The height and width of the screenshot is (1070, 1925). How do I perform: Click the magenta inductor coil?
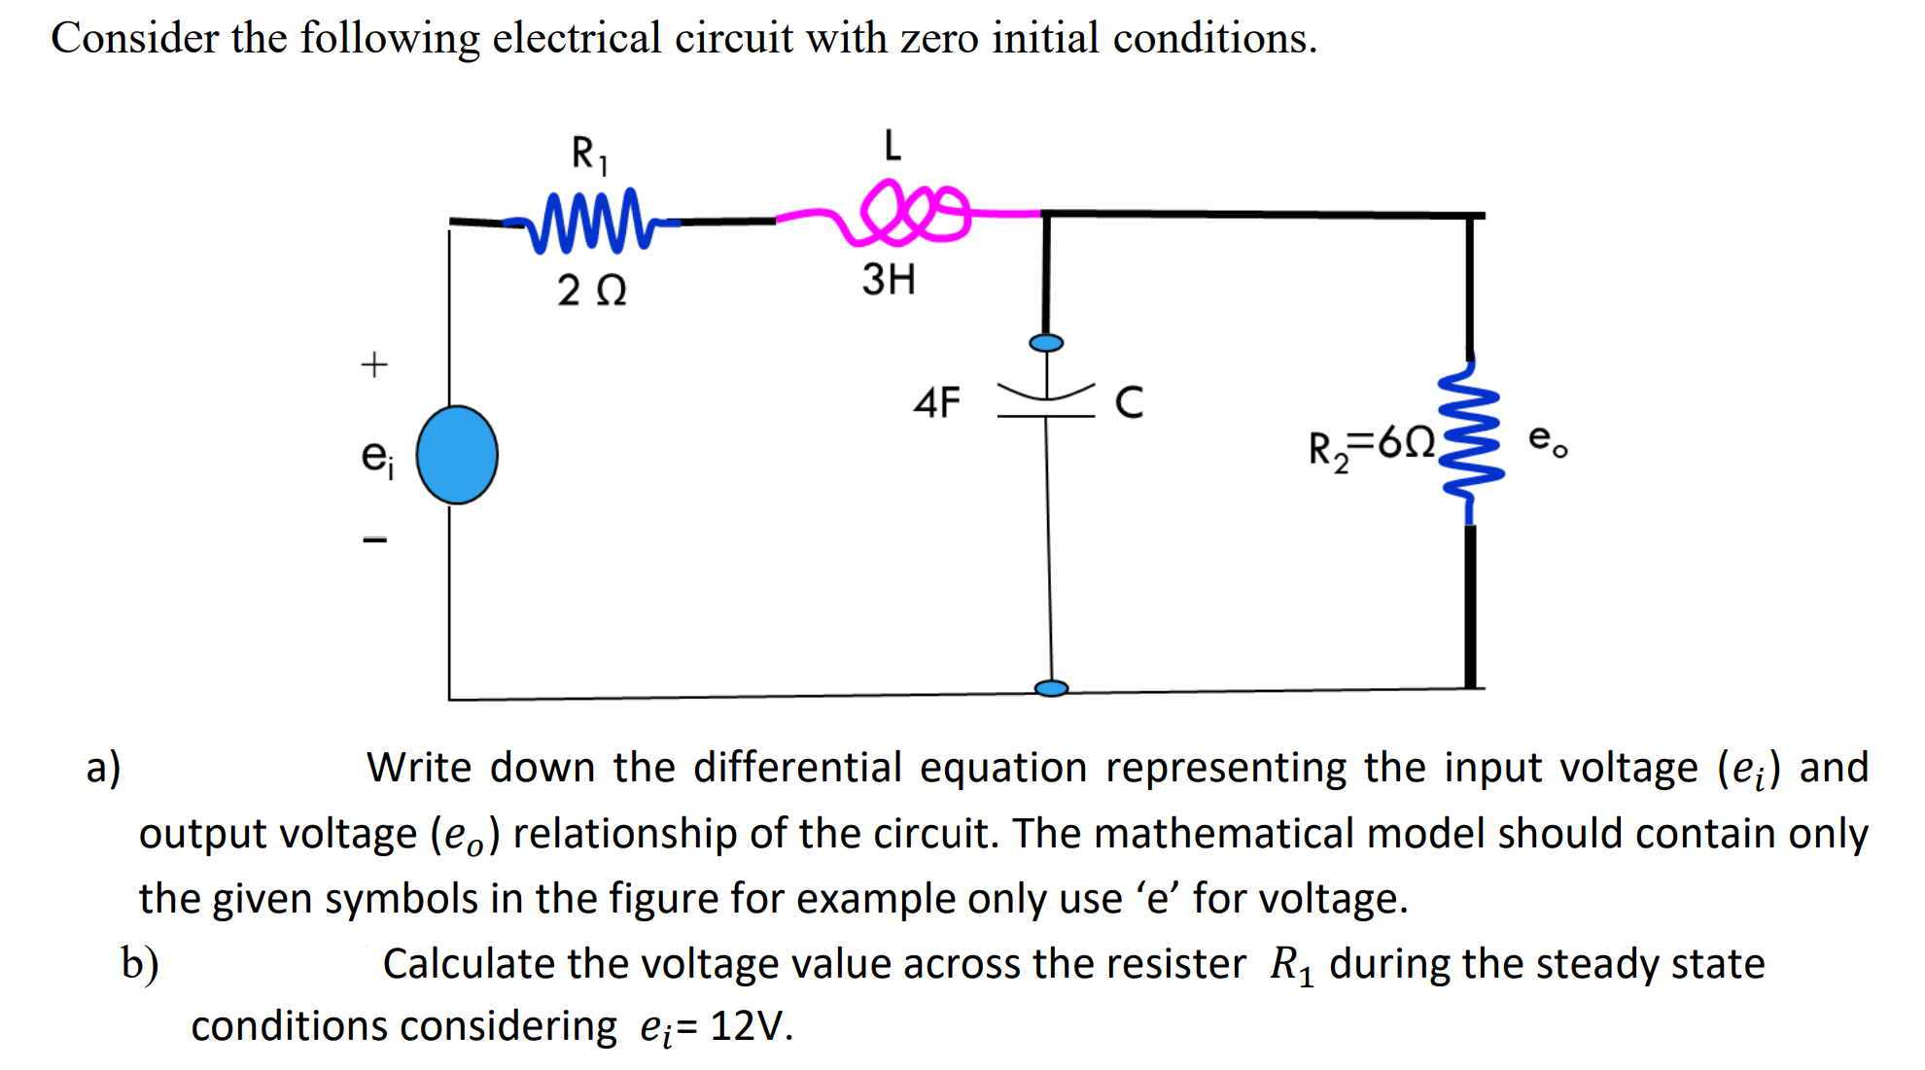909,212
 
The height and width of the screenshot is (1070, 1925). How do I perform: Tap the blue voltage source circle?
457,455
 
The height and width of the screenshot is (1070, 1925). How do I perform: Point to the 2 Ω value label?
591,291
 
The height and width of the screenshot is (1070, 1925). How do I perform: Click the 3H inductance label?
888,280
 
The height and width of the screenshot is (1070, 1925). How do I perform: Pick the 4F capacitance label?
936,402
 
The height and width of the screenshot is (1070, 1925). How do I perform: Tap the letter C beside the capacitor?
1129,402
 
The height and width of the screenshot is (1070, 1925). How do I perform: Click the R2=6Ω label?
1371,447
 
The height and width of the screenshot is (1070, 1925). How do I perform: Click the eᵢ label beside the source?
377,457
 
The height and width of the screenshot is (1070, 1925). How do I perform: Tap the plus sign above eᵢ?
374,365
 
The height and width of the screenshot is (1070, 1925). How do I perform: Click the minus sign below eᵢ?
374,539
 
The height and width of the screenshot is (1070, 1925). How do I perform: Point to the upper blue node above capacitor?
1046,342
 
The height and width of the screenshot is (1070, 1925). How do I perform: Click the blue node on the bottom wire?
1051,688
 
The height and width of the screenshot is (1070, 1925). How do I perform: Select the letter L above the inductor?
892,146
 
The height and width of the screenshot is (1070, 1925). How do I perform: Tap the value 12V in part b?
749,1026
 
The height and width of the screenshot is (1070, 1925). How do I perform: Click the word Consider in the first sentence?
135,39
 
